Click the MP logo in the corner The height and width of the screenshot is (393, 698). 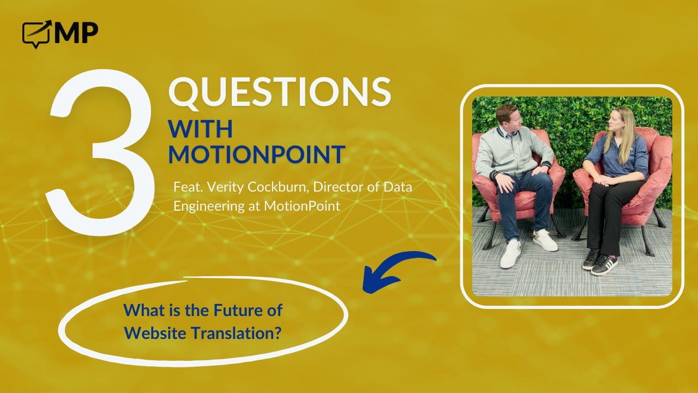pos(60,34)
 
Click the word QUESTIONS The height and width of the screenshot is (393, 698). pos(280,92)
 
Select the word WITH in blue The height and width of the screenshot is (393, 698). pos(200,128)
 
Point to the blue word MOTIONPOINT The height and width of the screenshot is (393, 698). pos(257,154)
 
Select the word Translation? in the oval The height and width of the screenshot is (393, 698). pos(236,333)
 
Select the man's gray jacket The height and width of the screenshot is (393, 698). pos(511,153)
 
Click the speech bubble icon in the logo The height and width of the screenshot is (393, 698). pos(36,34)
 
